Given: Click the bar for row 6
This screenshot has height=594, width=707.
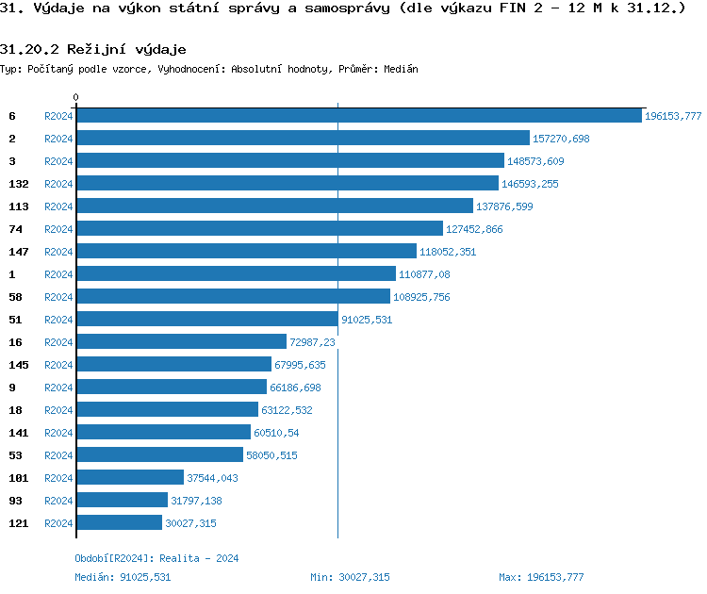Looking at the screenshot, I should tap(358, 116).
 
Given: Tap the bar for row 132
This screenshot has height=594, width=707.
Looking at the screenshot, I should tap(288, 184).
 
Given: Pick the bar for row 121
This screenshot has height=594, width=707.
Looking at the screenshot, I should tap(119, 523).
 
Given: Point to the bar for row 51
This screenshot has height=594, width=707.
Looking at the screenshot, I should tap(206, 320).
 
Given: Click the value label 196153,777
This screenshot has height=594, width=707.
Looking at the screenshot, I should tap(673, 116).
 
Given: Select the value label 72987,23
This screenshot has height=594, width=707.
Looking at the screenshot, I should tap(313, 342).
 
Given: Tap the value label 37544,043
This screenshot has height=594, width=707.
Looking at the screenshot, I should tap(212, 478).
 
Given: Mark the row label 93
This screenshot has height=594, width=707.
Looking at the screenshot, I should tap(16, 501).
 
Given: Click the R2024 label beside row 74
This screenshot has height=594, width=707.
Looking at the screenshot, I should tap(58, 229).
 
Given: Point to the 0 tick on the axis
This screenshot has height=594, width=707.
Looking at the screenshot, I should tap(76, 97).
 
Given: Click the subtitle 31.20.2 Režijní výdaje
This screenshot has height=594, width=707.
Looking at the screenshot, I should tap(92, 48).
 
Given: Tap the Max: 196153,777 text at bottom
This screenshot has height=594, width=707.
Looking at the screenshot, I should tap(541, 576).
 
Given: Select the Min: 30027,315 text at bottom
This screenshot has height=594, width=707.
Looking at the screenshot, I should tap(350, 576).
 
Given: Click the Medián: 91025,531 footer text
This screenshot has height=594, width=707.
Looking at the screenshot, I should tap(123, 576).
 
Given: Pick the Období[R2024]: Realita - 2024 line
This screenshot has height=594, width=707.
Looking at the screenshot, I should tap(156, 558).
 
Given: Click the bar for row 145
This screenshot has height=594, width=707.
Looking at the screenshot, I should tap(173, 365).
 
